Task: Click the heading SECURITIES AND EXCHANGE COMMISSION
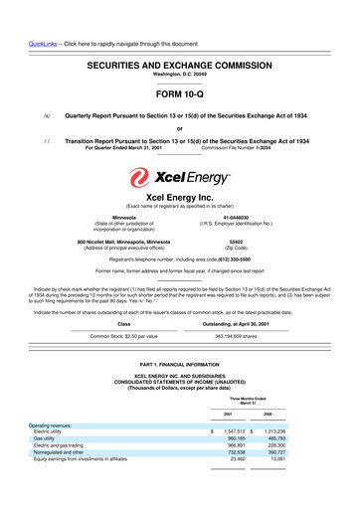pos(180,62)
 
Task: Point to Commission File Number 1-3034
pos(237,148)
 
